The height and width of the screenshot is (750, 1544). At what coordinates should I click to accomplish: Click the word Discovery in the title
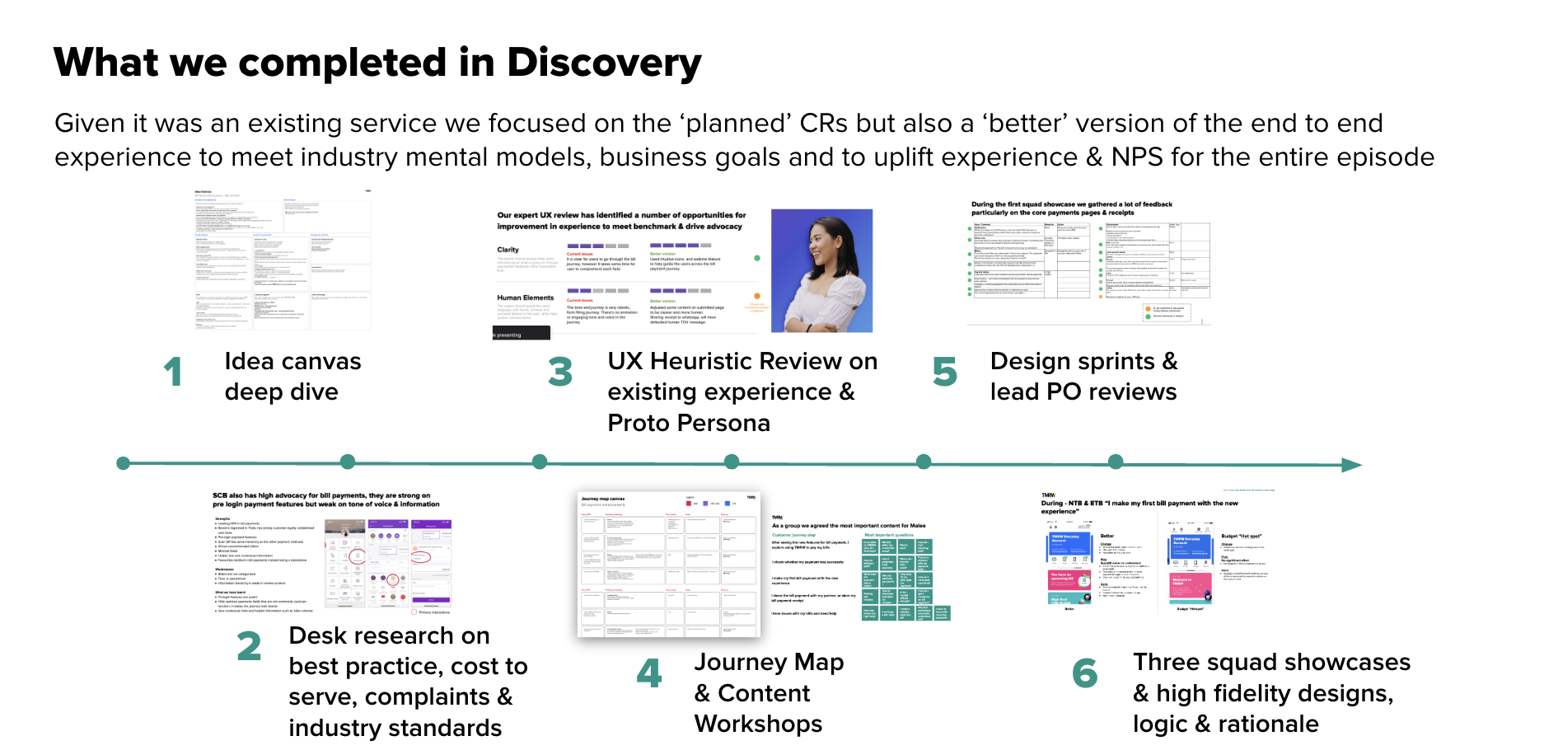[604, 63]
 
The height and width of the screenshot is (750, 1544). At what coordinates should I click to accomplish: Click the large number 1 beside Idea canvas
[172, 372]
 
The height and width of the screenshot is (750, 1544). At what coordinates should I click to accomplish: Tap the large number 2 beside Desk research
[249, 646]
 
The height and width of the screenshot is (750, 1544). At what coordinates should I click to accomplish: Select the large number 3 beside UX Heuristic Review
[560, 372]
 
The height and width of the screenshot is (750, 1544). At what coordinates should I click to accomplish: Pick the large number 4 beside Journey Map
[649, 673]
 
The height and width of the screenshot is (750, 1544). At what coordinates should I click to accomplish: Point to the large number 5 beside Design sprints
[944, 372]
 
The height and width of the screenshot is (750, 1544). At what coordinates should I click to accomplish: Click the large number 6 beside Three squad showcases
[1084, 673]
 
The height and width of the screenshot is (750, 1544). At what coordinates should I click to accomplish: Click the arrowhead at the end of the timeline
[1351, 465]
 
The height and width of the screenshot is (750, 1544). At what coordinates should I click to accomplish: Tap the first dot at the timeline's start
[124, 463]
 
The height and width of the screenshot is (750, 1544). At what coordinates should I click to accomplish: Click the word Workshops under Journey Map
[758, 724]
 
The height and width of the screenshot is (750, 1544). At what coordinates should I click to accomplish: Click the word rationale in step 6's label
[1268, 724]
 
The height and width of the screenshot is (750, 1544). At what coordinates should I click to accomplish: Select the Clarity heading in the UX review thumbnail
[508, 250]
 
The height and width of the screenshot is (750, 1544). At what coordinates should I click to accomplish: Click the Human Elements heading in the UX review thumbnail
[525, 298]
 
